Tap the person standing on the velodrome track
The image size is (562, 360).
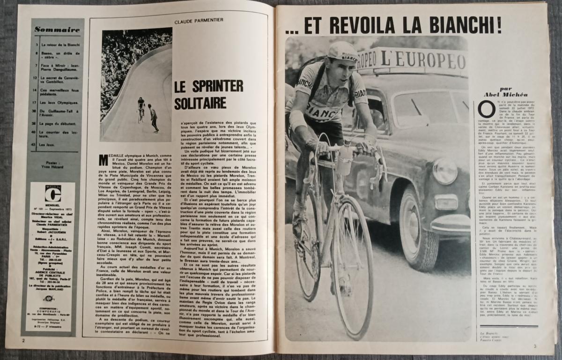154,118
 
